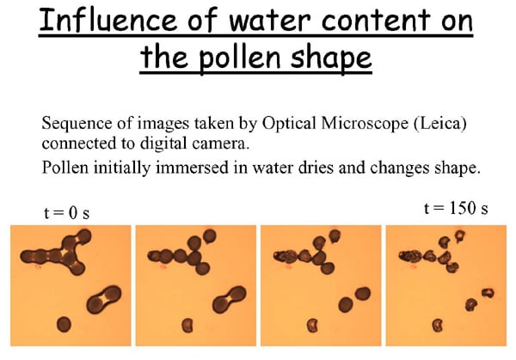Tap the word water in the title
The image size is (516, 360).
point(269,21)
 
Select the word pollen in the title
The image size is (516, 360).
point(240,58)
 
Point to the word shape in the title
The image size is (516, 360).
point(331,58)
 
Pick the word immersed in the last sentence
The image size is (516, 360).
point(192,168)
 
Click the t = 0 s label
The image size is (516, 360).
point(66,213)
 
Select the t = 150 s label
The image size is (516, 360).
point(456,208)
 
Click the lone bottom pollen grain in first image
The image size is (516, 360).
point(64,325)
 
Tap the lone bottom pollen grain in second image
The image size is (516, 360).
point(187,326)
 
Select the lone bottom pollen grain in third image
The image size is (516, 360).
point(312,326)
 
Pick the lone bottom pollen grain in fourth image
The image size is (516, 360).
point(438,326)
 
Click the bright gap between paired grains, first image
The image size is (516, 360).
point(104,299)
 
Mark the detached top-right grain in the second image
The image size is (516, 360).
point(210,235)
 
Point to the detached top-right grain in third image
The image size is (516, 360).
point(335,235)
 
